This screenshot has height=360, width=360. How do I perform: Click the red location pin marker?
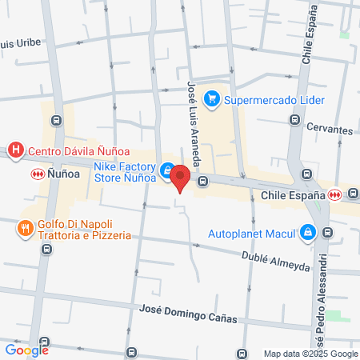(180, 178)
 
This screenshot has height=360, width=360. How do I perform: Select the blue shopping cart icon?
(212, 99)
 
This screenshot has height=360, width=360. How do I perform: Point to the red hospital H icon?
(14, 149)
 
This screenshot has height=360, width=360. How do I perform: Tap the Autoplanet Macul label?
(251, 234)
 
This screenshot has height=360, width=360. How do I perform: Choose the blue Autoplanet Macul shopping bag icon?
(307, 233)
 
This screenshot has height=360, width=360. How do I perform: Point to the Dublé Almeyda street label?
(275, 261)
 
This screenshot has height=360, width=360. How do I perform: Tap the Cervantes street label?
(329, 130)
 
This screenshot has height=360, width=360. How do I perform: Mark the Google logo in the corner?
(27, 349)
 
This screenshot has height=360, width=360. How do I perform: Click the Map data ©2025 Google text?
(311, 354)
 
